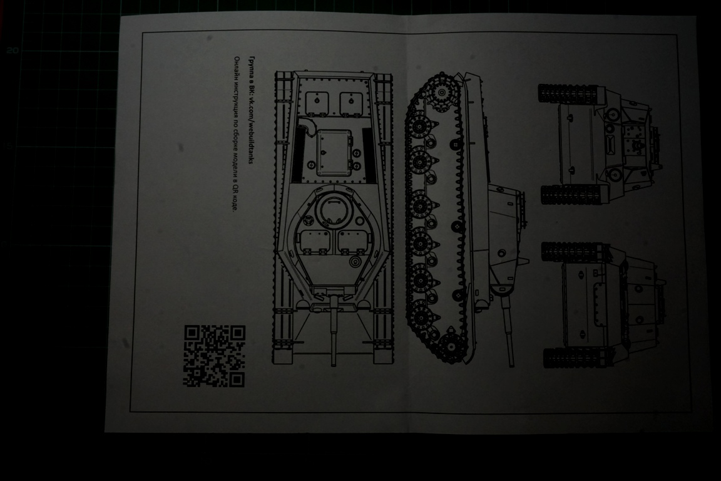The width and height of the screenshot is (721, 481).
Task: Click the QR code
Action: [x=214, y=356]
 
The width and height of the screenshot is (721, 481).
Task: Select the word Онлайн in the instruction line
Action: [x=236, y=65]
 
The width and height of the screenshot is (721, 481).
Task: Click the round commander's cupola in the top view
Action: [x=330, y=209]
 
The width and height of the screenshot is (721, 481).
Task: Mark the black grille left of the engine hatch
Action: [x=298, y=157]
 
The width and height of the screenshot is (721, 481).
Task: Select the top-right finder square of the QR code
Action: [x=237, y=334]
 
